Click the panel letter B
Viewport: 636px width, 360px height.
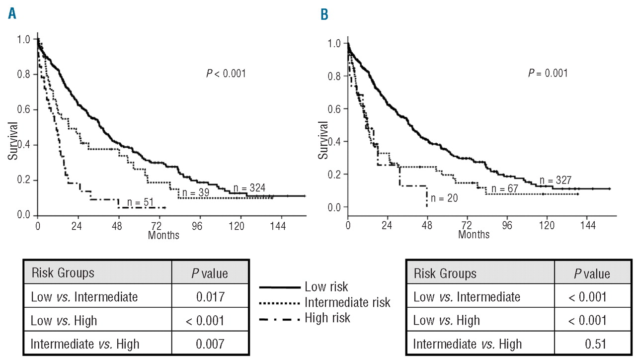[324, 15]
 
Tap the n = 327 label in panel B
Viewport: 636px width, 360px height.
[556, 180]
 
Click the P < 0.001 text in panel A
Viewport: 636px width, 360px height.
[226, 74]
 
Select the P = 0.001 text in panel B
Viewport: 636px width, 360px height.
[547, 73]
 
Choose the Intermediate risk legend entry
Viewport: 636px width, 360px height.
[347, 302]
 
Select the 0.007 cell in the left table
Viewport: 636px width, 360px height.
[210, 343]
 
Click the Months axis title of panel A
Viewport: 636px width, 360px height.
[163, 235]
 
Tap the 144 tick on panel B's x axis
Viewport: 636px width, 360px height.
[587, 224]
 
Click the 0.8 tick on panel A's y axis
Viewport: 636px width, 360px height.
[23, 75]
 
